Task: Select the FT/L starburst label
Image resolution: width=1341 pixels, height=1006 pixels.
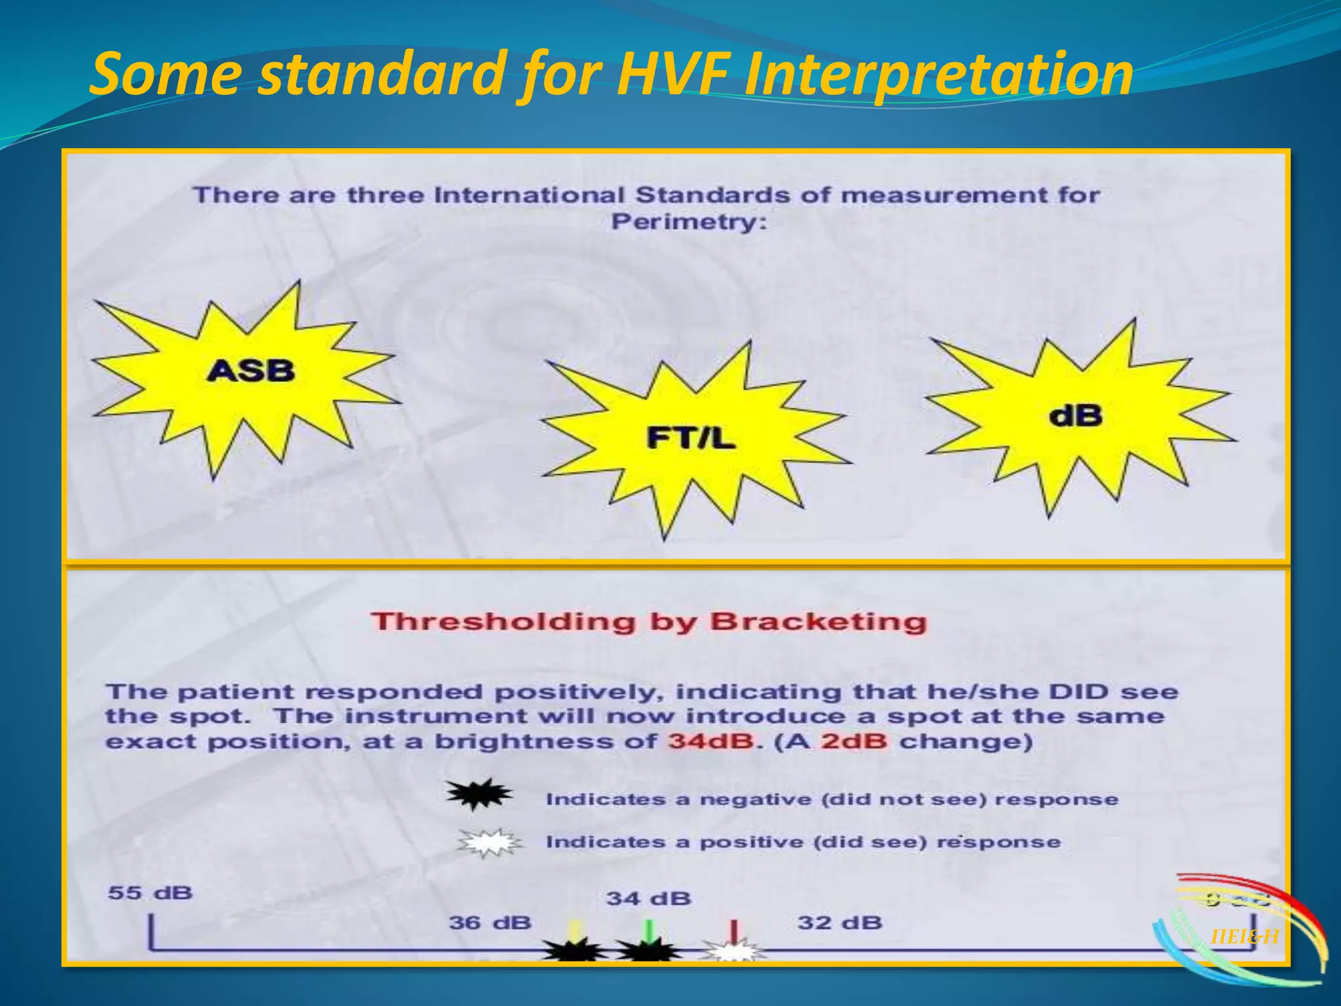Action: (x=691, y=438)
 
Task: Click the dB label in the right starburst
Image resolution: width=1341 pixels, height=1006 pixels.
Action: (x=1075, y=415)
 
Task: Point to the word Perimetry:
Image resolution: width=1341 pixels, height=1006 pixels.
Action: (x=688, y=221)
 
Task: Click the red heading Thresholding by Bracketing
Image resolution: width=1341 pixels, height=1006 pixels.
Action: (x=648, y=621)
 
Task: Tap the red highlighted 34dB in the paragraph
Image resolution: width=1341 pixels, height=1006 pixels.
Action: (x=710, y=741)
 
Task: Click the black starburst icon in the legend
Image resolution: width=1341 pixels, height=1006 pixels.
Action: (x=479, y=794)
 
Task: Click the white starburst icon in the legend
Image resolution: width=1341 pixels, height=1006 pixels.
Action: (x=490, y=842)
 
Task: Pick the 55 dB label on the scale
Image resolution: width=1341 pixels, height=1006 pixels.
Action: (x=151, y=893)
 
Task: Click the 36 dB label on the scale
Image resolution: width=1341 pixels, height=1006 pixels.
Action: (x=490, y=923)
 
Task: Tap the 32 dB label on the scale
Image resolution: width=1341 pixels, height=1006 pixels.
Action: (x=840, y=923)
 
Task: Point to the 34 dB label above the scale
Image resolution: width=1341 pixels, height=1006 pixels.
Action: (x=648, y=898)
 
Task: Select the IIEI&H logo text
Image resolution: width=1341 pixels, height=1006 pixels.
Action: (x=1244, y=937)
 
